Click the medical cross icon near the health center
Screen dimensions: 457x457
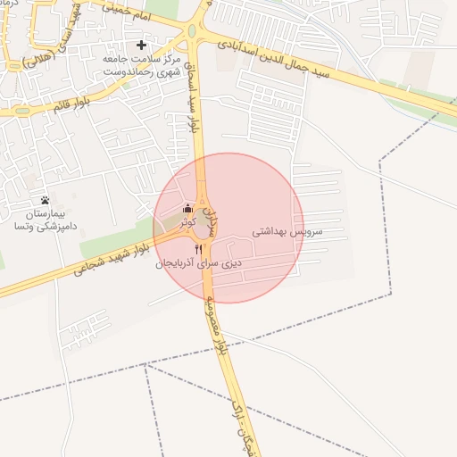(141, 45)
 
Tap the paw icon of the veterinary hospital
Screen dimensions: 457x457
(46, 199)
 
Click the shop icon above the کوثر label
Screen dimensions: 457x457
(187, 209)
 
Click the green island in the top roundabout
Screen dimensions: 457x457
(191, 32)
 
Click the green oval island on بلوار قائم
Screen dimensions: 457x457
(20, 112)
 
